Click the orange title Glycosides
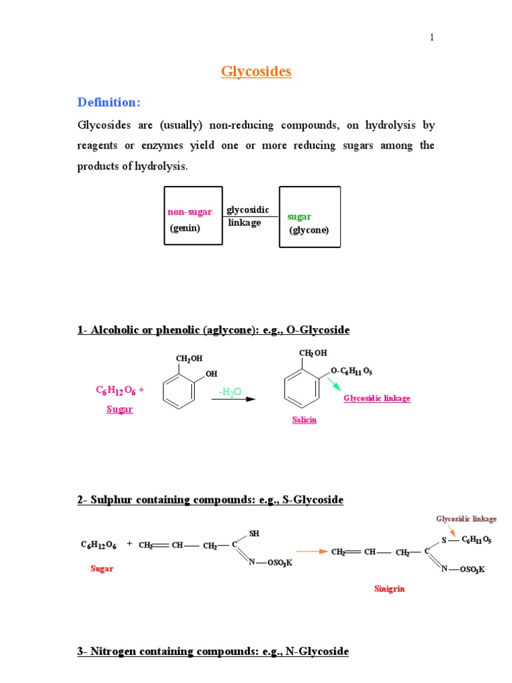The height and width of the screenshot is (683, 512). pyautogui.click(x=256, y=72)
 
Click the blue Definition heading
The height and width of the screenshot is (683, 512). pyautogui.click(x=109, y=102)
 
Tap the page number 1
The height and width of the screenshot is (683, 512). pyautogui.click(x=431, y=37)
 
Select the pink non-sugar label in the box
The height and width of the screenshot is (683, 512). pyautogui.click(x=189, y=212)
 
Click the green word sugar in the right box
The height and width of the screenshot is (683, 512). pyautogui.click(x=299, y=217)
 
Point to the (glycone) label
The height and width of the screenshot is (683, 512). pyautogui.click(x=309, y=230)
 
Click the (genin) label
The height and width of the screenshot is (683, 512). pyautogui.click(x=185, y=227)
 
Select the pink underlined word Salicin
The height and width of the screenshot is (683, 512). pyautogui.click(x=303, y=420)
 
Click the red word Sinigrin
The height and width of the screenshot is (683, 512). pyautogui.click(x=389, y=589)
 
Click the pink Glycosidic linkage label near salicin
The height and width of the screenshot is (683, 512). pyautogui.click(x=377, y=398)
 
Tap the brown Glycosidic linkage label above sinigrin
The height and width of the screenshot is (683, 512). pyautogui.click(x=466, y=518)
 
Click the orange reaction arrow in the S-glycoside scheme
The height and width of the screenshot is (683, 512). pyautogui.click(x=312, y=552)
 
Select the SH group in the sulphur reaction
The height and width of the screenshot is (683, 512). pyautogui.click(x=254, y=534)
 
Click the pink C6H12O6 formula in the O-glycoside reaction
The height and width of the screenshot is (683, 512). pyautogui.click(x=119, y=391)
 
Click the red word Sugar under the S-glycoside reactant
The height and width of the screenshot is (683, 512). pyautogui.click(x=102, y=569)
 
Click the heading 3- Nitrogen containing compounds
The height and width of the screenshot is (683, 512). pyautogui.click(x=213, y=651)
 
